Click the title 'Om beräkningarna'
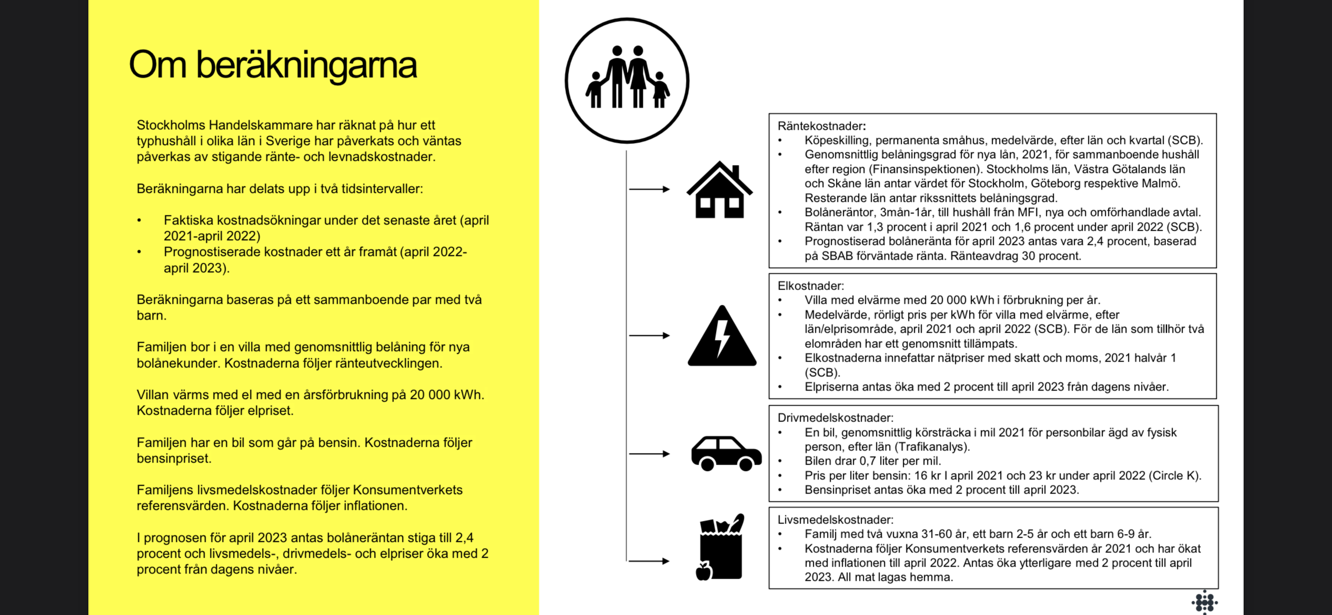tap(273, 65)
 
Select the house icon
tap(719, 190)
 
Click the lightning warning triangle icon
tap(722, 337)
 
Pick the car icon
tap(726, 453)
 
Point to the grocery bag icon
tap(721, 548)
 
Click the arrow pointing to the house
tap(649, 189)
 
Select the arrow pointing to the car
tap(649, 454)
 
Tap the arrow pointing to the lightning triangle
tap(649, 335)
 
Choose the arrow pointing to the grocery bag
tap(649, 561)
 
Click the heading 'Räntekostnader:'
tap(821, 126)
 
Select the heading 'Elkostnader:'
tap(810, 286)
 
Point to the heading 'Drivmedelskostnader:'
tap(835, 418)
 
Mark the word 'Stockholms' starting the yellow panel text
tap(171, 125)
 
